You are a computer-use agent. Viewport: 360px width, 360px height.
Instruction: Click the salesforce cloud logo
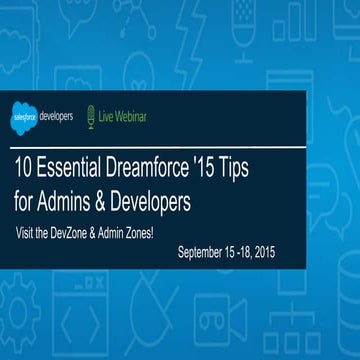(25, 116)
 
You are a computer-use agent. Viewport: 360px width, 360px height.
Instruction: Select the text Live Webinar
(124, 116)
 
